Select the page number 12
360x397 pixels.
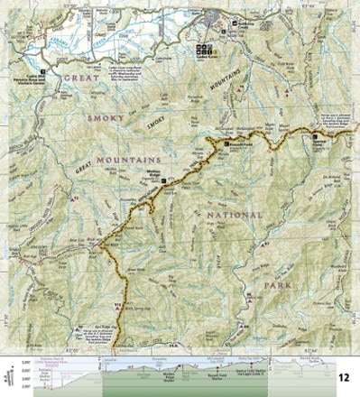[344, 376]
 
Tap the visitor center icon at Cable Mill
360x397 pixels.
[41, 69]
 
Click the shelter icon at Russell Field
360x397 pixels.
[226, 143]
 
